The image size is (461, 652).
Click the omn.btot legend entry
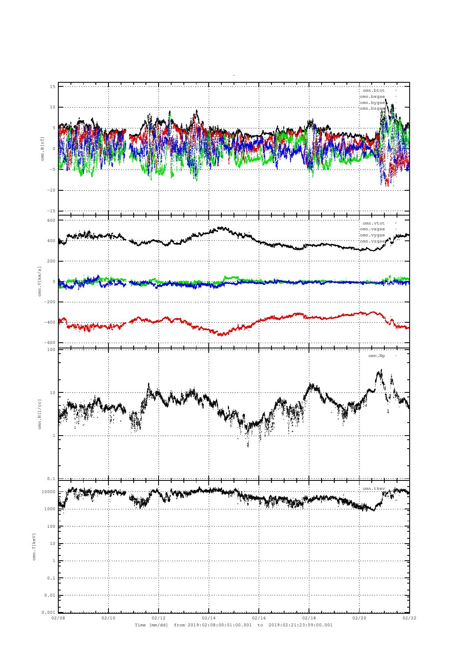coord(373,90)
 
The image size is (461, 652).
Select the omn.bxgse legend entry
coord(372,97)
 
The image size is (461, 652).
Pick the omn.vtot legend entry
coord(373,223)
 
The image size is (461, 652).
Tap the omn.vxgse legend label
coord(372,229)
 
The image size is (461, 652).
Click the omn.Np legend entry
coord(376,356)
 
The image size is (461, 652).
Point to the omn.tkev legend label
coord(373,489)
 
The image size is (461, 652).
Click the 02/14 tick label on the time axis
coord(209,618)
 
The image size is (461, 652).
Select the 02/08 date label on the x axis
coord(58,618)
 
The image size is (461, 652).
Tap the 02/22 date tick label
coord(409,618)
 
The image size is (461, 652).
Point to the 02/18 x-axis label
coord(309,618)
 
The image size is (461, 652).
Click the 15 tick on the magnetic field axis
coord(53,86)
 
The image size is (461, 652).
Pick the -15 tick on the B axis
coord(51,211)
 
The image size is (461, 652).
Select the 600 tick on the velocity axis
coord(51,220)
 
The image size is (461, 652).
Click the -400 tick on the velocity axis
coord(50,322)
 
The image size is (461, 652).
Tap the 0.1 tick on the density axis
coord(51,479)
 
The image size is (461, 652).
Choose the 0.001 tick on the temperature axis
coord(49,612)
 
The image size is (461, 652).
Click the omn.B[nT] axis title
coord(42,149)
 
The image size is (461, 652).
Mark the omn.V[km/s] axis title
coord(40,281)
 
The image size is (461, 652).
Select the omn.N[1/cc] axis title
coord(40,414)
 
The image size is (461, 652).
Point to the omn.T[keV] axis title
coord(35,546)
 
